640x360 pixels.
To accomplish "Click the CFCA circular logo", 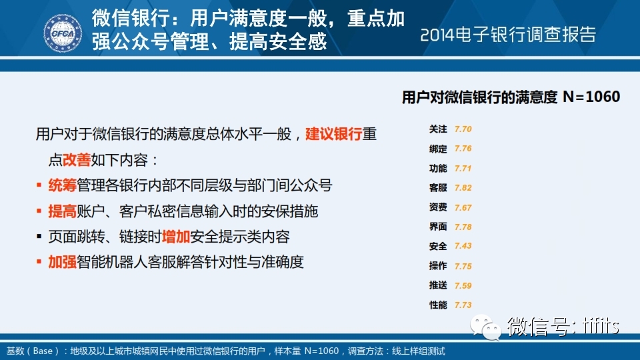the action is click(63, 33).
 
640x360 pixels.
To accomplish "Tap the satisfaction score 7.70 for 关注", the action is click(463, 129).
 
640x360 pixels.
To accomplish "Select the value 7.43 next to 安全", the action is click(463, 246).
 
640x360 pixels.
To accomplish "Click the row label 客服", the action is click(438, 188).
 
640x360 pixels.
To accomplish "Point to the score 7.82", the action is click(463, 188).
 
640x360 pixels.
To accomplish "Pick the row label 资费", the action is click(438, 207).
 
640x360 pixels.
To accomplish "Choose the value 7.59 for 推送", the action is click(463, 286).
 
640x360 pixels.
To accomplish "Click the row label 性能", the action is click(438, 305).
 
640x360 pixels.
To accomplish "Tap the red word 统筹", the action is click(63, 185).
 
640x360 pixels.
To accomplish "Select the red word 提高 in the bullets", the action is click(63, 211).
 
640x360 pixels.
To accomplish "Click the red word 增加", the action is click(176, 237).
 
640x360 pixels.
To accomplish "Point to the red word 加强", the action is click(63, 262).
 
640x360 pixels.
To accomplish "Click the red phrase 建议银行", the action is click(334, 134).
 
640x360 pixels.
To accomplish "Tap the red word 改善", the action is click(77, 160).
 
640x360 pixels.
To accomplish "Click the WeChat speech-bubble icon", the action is click(486, 327).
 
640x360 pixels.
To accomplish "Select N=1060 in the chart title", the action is click(591, 97).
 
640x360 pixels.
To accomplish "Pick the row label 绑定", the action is click(438, 149).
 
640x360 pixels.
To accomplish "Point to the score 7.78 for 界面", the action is click(463, 227).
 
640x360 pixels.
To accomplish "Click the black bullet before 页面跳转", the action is click(39, 236).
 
